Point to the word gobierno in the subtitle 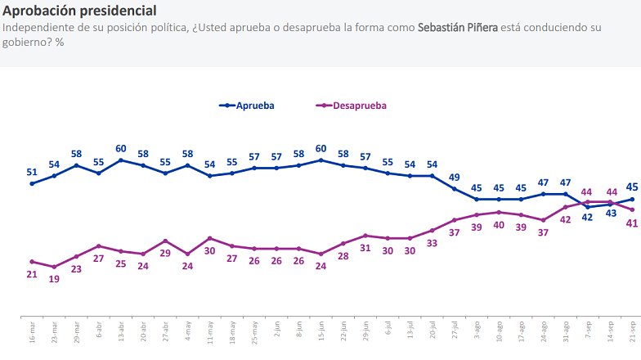click(x=27, y=41)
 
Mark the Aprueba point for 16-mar click(x=32, y=184)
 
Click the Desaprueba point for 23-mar click(x=54, y=267)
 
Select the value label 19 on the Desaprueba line click(x=54, y=279)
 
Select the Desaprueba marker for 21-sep click(x=633, y=210)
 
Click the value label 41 click(x=633, y=223)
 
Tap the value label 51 click(x=32, y=173)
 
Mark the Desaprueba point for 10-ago click(x=500, y=212)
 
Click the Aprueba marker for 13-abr click(x=121, y=160)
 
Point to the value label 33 click(x=433, y=243)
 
